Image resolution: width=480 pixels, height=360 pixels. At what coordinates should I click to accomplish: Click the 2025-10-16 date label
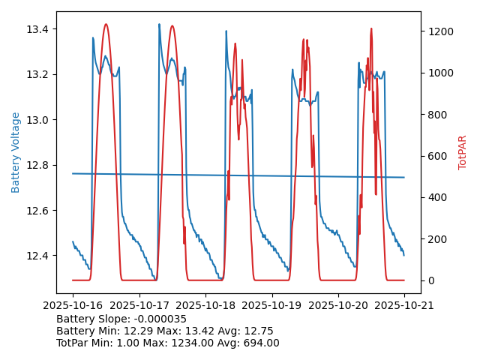pyautogui.click(x=73, y=305)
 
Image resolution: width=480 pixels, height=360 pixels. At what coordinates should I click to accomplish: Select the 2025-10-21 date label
pyautogui.click(x=404, y=305)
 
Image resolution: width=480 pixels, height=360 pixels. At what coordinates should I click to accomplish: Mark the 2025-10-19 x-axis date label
pyautogui.click(x=271, y=305)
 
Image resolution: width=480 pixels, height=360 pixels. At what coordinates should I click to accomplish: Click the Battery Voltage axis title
pyautogui.click(x=16, y=152)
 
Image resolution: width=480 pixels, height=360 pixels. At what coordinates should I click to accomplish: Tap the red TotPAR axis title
pyautogui.click(x=463, y=152)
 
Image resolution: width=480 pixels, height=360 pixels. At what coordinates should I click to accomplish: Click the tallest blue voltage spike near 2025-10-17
pyautogui.click(x=159, y=25)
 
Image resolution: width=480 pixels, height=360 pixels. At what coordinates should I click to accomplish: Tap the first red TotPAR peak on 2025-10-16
pyautogui.click(x=106, y=25)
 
